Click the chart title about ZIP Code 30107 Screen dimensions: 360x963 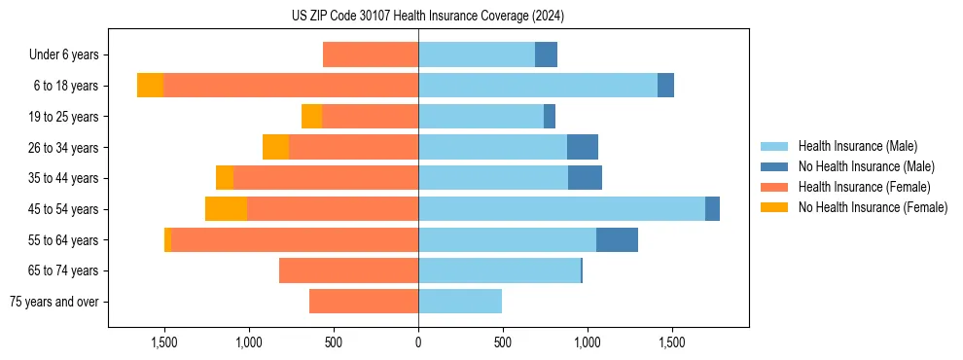click(428, 16)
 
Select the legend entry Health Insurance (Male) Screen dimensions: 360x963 click(857, 146)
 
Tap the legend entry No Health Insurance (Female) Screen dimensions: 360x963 click(873, 207)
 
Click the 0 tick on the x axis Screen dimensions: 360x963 click(418, 343)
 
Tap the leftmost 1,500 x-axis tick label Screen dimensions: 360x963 click(164, 343)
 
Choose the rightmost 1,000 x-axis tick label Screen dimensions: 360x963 click(588, 343)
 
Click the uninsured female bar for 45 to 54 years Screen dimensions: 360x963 click(226, 209)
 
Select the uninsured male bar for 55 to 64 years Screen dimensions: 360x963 click(617, 240)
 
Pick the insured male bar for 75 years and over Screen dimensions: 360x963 click(460, 302)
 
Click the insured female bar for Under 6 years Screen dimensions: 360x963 click(371, 55)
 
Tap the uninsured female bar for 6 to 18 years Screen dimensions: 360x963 click(150, 86)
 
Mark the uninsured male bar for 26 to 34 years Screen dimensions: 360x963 click(583, 148)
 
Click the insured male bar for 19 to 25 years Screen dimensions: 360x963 click(481, 117)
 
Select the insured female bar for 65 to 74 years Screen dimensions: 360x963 click(348, 270)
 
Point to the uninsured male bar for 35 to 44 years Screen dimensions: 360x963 click(585, 178)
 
